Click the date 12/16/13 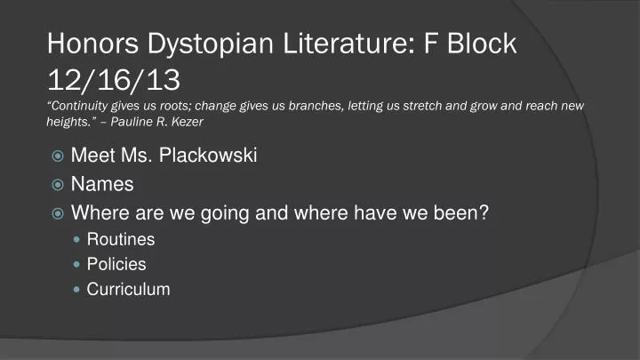coord(114,81)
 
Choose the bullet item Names coord(102,185)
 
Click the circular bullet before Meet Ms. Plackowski coord(57,157)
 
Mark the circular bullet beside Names coord(57,185)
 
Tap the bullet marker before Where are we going coord(57,213)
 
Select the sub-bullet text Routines coord(120,239)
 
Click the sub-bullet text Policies coord(116,264)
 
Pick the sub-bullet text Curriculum coord(128,289)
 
